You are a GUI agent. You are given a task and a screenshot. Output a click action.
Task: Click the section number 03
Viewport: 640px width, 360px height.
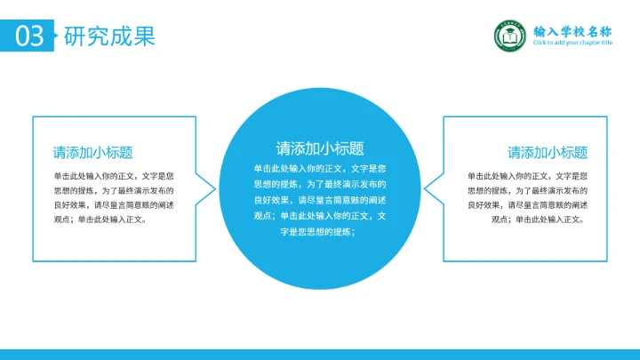tap(29, 36)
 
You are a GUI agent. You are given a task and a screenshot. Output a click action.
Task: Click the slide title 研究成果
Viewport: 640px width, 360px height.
tap(109, 36)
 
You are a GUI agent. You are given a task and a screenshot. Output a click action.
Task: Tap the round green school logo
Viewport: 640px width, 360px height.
tap(509, 36)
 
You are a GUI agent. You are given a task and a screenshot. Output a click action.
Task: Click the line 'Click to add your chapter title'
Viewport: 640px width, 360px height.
tap(572, 43)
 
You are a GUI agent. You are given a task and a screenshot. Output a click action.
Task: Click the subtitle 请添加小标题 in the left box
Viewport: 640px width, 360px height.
tap(92, 152)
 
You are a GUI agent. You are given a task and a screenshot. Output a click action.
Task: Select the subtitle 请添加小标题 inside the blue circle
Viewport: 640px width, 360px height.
tap(320, 148)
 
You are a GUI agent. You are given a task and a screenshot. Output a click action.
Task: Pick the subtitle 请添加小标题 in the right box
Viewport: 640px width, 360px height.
tap(548, 152)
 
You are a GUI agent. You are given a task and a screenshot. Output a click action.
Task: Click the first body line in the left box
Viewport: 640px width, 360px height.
tap(114, 176)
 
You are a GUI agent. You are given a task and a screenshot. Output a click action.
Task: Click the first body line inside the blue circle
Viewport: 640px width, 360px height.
tap(320, 168)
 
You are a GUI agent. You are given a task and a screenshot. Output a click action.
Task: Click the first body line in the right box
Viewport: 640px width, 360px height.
tap(528, 176)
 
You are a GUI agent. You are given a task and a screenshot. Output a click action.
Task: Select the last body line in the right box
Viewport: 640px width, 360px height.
tap(538, 219)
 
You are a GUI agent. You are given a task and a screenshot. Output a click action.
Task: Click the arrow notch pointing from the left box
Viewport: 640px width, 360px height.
tap(210, 188)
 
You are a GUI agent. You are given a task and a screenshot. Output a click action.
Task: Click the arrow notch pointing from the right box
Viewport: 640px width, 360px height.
tap(429, 188)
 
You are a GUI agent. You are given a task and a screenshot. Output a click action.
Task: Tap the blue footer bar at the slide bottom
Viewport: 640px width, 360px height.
tap(320, 354)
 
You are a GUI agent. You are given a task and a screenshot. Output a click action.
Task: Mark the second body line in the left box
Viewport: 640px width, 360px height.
tap(114, 190)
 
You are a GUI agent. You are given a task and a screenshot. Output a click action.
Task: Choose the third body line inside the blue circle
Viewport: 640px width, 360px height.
tap(320, 200)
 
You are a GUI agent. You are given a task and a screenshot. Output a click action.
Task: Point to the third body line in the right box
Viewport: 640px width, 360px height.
tap(528, 204)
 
